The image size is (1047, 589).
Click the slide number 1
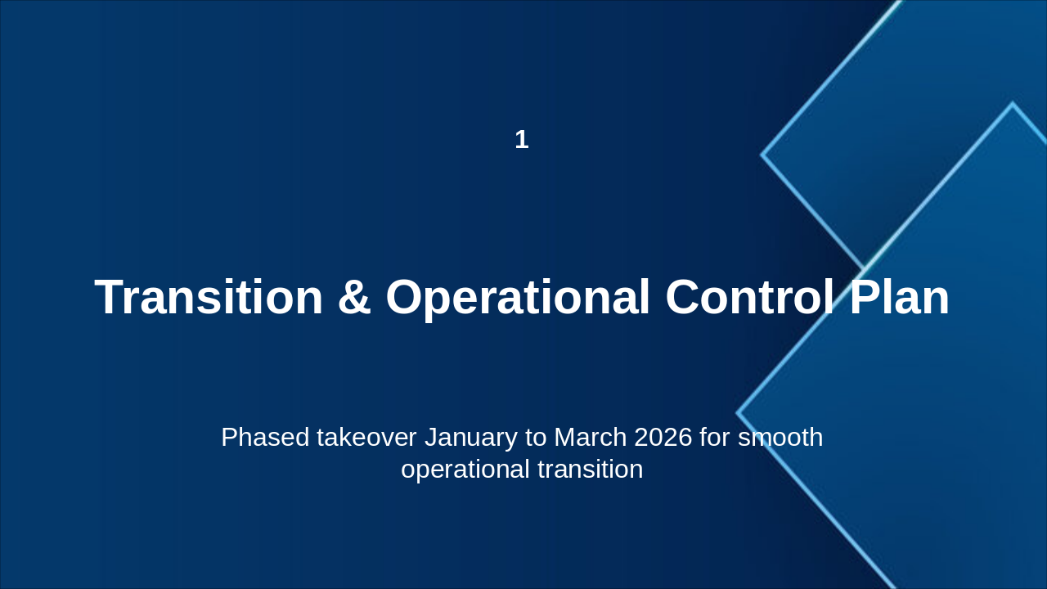522,140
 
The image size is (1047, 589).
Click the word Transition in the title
209,297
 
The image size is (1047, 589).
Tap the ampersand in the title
354,297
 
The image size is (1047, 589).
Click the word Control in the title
749,297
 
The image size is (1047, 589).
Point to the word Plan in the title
899,297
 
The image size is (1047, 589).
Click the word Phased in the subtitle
265,438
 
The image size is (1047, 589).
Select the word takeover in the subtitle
366,438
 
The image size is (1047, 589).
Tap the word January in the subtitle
471,438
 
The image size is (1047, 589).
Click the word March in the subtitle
591,438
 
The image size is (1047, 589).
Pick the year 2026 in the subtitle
663,438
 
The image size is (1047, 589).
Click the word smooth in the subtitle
780,438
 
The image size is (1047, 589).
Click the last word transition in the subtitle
591,470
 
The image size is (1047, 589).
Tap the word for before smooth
715,438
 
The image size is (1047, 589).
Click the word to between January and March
536,438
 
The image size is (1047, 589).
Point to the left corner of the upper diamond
762,155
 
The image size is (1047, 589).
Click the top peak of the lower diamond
1013,103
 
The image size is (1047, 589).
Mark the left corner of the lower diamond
737,413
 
